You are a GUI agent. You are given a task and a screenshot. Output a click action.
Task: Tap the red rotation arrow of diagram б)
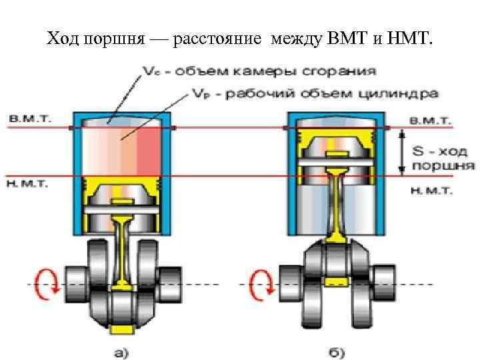tap(259, 285)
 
